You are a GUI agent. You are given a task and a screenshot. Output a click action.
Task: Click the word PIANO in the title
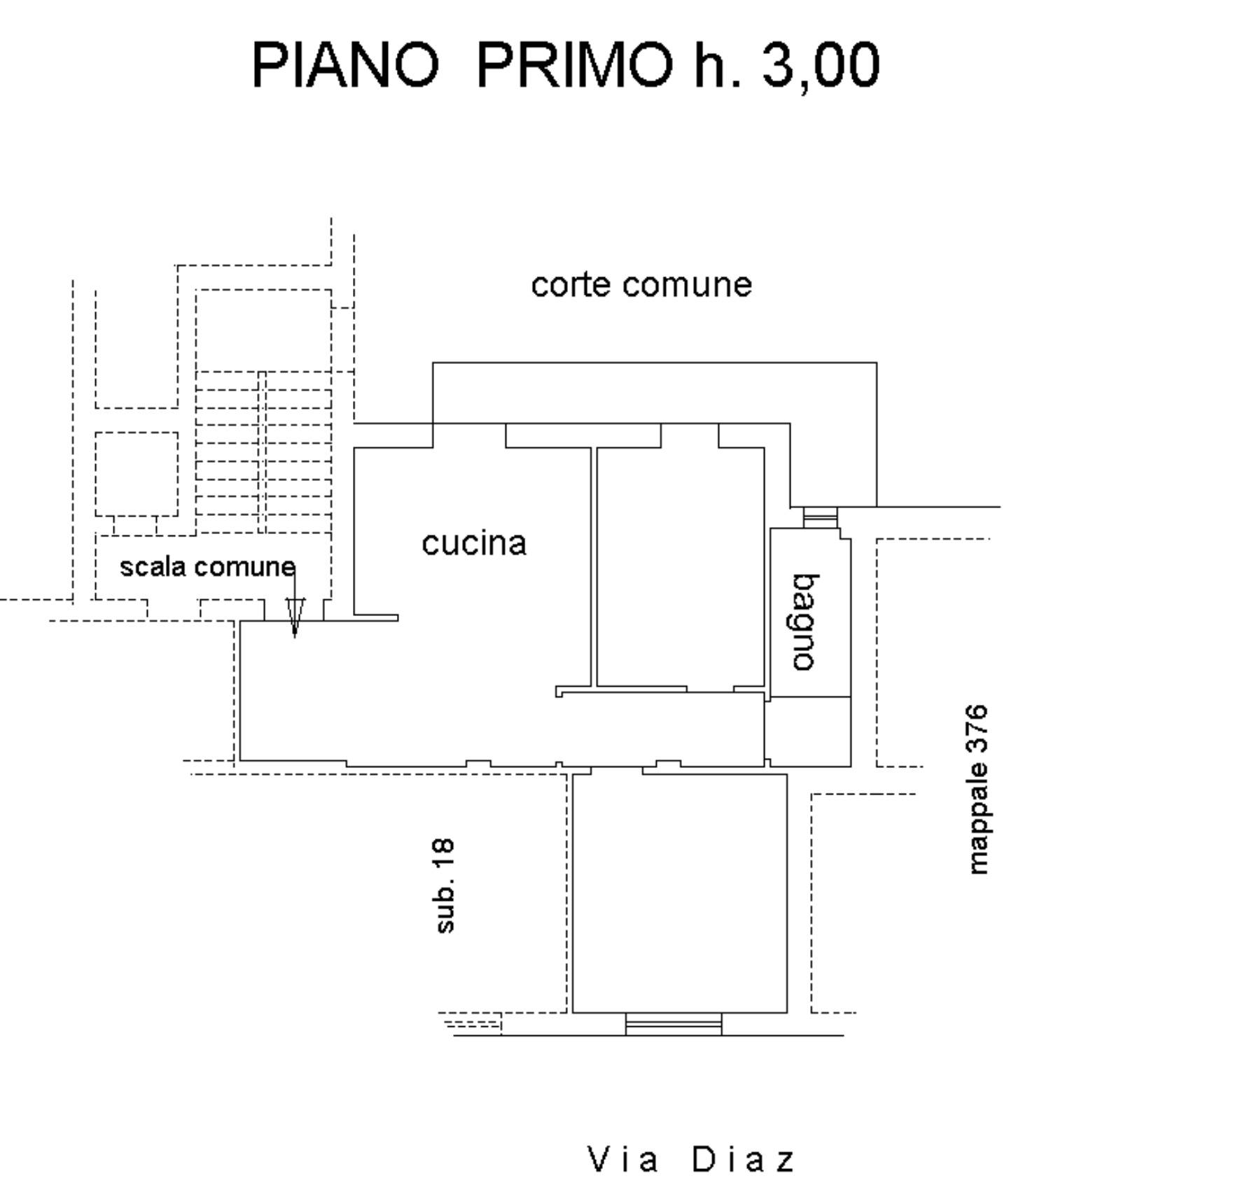[x=345, y=65]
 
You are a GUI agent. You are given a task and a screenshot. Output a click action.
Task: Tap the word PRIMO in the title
[x=573, y=65]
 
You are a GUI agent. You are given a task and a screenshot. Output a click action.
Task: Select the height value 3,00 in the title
[x=820, y=65]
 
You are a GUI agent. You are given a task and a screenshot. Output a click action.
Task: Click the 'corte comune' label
[x=641, y=285]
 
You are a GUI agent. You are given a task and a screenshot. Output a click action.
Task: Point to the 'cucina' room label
[x=473, y=543]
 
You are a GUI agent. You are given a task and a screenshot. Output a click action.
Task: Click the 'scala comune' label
[x=207, y=566]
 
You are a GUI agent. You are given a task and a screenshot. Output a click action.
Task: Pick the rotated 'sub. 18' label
[x=445, y=886]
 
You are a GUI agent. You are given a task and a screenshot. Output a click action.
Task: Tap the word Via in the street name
[x=622, y=1159]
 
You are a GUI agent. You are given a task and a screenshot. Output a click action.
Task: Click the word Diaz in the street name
[x=744, y=1159]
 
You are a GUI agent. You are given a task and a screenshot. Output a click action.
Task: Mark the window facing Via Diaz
[x=673, y=1025]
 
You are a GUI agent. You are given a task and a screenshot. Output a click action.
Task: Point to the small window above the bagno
[x=820, y=517]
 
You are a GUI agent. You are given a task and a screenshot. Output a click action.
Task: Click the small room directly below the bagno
[x=808, y=731]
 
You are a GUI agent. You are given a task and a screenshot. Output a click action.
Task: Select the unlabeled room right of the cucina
[x=679, y=567]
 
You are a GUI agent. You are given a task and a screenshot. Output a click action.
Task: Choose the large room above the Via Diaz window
[x=679, y=892]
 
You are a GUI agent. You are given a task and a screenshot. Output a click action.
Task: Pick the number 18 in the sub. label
[x=445, y=855]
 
